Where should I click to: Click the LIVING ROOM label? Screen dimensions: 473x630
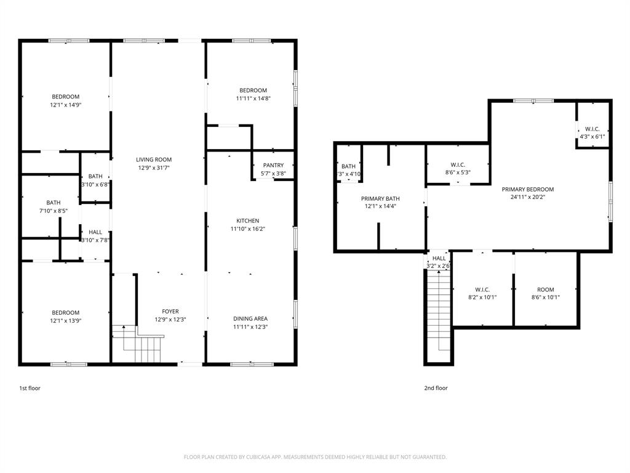pos(154,160)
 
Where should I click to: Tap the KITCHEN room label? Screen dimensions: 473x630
pos(248,220)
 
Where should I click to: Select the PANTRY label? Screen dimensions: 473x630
pos(273,165)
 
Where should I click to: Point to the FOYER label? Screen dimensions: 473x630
pos(170,311)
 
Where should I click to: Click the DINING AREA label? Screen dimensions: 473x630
pos(250,318)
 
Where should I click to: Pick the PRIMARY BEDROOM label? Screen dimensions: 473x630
pos(527,189)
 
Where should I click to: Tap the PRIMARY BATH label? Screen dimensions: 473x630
pos(380,198)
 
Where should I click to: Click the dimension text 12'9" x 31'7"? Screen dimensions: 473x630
pos(154,168)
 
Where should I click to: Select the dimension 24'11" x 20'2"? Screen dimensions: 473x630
pos(527,197)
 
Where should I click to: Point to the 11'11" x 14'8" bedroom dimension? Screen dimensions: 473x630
pos(253,99)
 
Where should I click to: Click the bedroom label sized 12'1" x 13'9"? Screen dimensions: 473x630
pos(65,312)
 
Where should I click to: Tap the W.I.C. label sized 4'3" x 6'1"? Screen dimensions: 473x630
pos(592,129)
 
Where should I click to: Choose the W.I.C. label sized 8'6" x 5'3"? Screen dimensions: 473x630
pos(458,164)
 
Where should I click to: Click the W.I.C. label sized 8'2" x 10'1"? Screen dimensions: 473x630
pos(482,289)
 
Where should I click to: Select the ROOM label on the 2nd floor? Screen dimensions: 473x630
pos(545,289)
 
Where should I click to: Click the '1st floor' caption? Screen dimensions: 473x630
pos(30,388)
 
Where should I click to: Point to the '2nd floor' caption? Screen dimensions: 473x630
pos(436,388)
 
